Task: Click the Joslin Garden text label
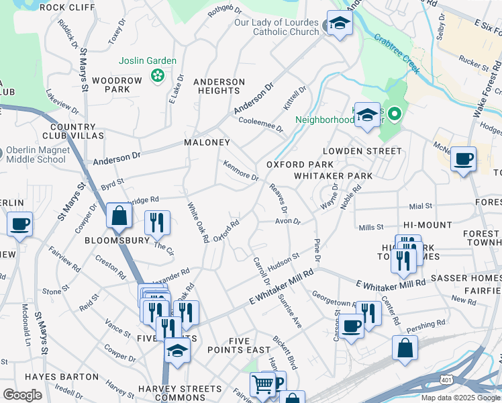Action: (148, 61)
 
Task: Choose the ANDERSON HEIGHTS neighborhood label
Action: (219, 87)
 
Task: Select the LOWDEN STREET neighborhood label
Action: (362, 151)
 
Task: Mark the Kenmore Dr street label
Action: (240, 171)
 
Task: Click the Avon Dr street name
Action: (287, 221)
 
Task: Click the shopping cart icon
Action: (262, 384)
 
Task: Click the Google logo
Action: (22, 395)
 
